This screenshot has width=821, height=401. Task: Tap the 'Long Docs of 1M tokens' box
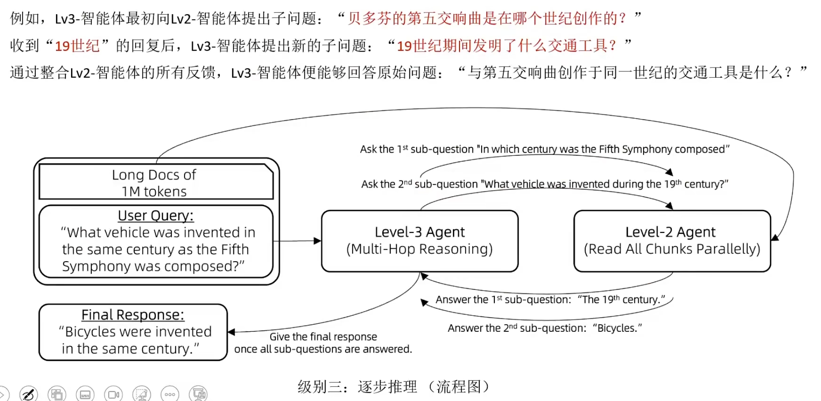tap(155, 183)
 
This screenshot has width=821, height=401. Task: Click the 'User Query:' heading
tap(155, 216)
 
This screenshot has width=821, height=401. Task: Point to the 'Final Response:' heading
tap(133, 315)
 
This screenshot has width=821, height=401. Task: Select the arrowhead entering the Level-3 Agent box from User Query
tap(317, 241)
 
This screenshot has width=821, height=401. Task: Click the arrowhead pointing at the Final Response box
tap(231, 332)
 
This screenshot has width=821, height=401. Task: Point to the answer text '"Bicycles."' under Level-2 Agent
tap(617, 328)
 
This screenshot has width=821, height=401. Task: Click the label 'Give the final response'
tap(323, 337)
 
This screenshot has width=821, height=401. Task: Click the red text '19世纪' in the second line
tap(77, 46)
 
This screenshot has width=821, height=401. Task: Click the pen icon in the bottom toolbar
tap(28, 394)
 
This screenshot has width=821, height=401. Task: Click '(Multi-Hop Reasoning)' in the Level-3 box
tap(419, 249)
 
